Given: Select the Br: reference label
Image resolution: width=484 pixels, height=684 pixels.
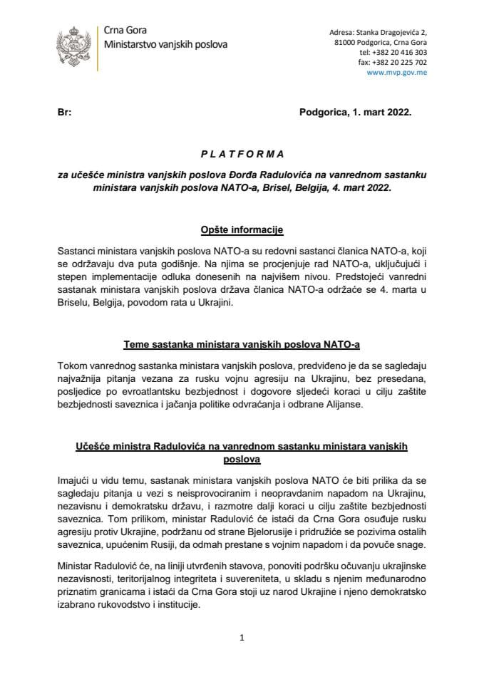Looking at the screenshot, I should pos(63,113).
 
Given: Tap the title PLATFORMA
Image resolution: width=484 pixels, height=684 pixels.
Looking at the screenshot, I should pos(242,153).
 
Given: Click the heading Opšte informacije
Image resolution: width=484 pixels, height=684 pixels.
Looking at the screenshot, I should pos(242,230).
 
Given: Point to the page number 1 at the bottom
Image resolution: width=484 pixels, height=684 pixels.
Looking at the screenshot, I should pos(242,638).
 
